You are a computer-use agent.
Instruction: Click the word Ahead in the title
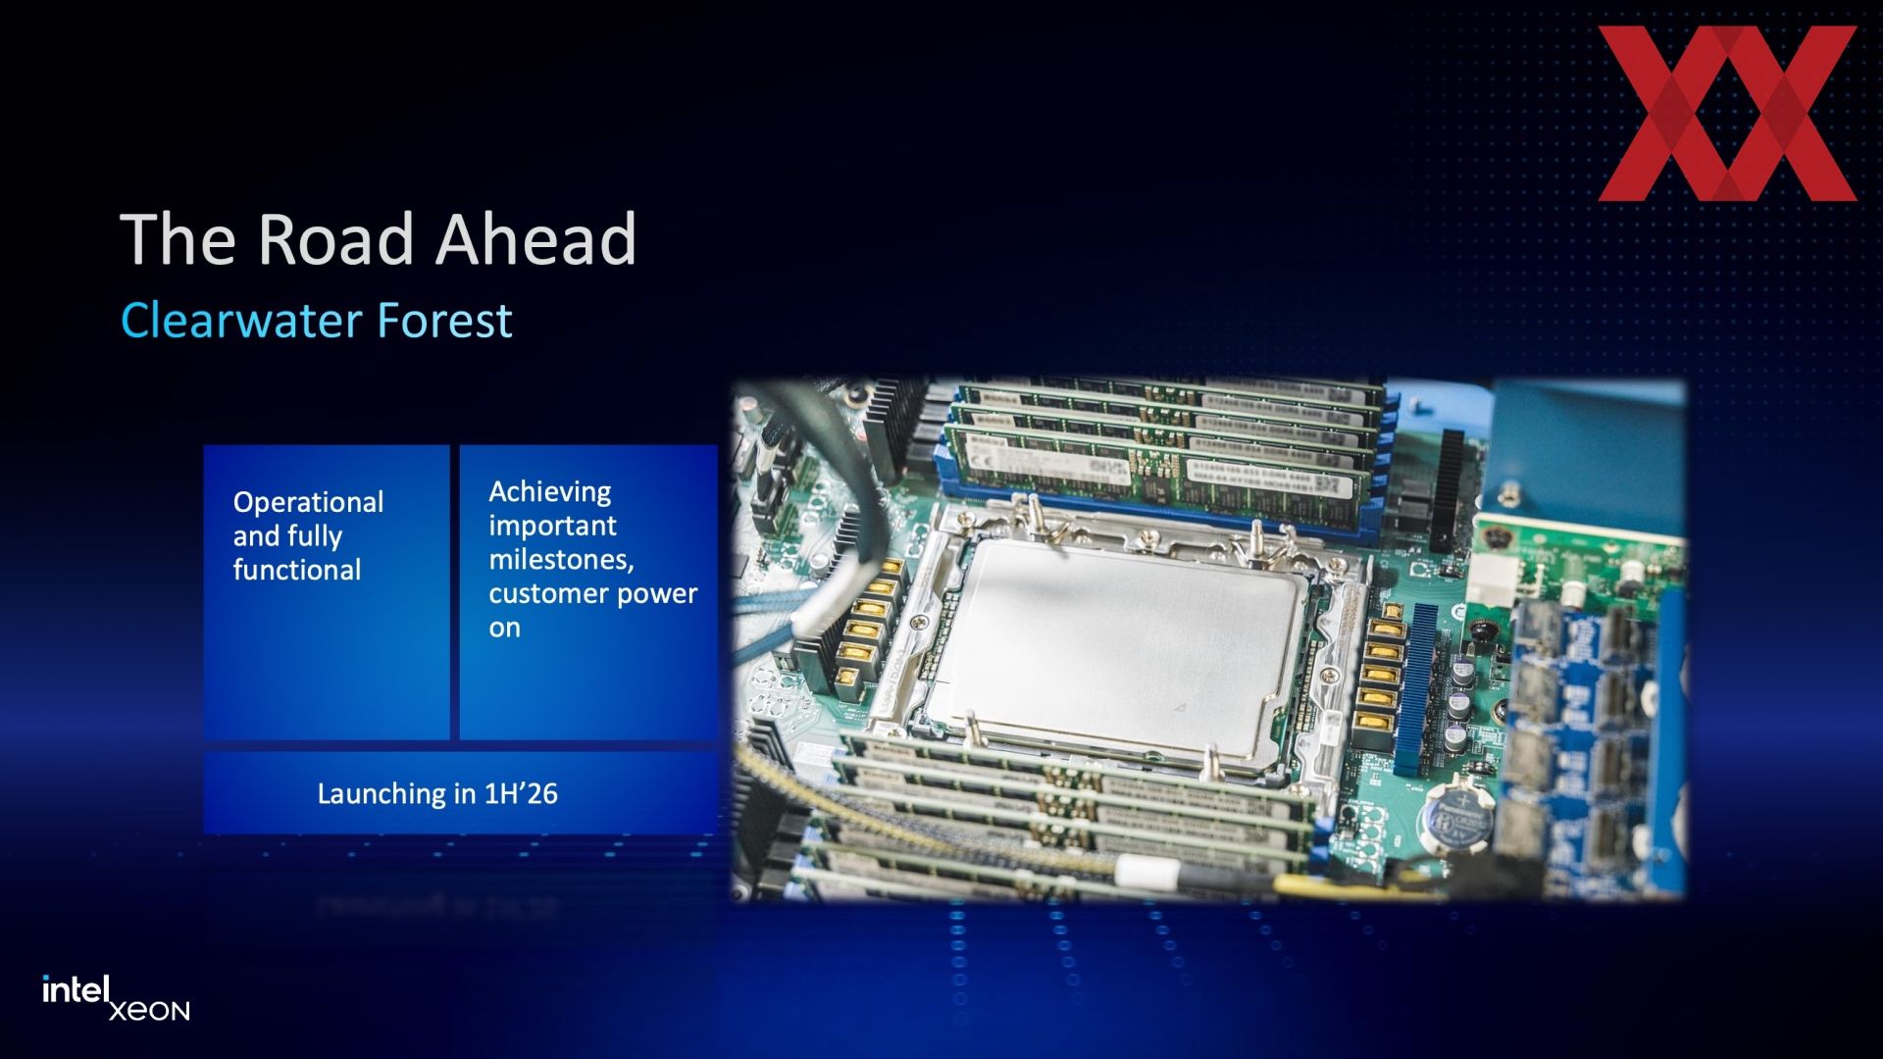(x=536, y=239)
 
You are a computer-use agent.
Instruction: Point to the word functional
(x=297, y=570)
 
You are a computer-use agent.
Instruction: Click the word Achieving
(x=549, y=492)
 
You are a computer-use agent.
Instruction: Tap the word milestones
(x=561, y=560)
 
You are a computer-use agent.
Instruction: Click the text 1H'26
(x=521, y=793)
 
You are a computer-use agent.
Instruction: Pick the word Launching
(x=382, y=794)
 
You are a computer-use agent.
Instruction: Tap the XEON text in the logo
(x=149, y=1011)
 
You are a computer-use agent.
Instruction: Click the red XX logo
(x=1727, y=114)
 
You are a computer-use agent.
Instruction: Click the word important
(x=552, y=527)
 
